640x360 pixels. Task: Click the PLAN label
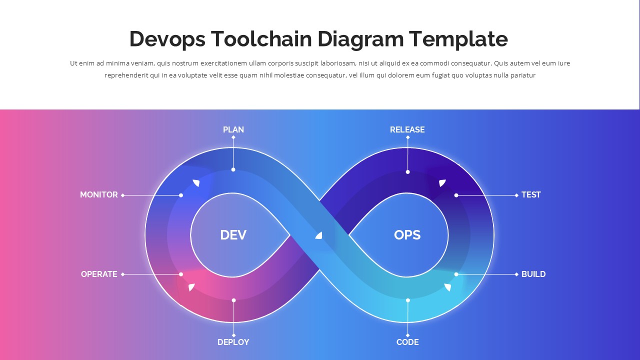[233, 129]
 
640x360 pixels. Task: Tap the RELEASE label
[407, 129]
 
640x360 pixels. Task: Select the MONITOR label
[99, 194]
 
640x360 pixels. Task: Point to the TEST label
[531, 194]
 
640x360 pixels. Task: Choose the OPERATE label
[99, 274]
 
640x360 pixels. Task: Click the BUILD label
[533, 274]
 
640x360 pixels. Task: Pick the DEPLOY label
[233, 342]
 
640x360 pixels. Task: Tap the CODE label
[407, 342]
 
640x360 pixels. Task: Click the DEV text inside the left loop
[233, 234]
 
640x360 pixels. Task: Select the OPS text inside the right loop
[407, 234]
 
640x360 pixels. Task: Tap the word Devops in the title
[167, 39]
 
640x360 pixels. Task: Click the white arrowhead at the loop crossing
[319, 235]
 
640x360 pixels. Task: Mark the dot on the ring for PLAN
[233, 169]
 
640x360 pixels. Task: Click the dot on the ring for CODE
[407, 300]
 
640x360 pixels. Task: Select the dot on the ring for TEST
[456, 195]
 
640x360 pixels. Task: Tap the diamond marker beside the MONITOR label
[123, 195]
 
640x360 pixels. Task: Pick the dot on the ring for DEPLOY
[233, 300]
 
